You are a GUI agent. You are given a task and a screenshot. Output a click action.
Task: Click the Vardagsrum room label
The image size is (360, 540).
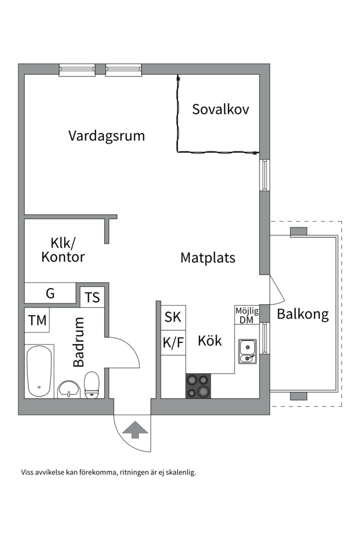pos(106,135)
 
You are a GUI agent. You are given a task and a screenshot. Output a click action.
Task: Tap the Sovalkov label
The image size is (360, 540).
pos(220,109)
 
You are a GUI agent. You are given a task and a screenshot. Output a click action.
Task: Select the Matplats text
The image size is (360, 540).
pos(207,258)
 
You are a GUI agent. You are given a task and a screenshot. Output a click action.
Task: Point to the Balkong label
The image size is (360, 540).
pos(303,314)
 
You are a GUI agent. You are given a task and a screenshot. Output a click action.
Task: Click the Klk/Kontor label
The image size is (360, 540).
pos(63,250)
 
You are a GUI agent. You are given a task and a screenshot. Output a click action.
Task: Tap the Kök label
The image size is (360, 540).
pos(209,341)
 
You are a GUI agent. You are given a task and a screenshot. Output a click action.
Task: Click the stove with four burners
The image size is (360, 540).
pos(198,386)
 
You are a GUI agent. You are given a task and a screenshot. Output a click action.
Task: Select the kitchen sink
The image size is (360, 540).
pos(247,350)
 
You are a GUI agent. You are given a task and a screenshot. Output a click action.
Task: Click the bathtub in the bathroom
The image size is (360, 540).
pos(39,370)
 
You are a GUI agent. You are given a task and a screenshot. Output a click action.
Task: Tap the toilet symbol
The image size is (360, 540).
pos(91,385)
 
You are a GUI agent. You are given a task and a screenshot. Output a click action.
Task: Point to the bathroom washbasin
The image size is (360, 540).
pos(68,388)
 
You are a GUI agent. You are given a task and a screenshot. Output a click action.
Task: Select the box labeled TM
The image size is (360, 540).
pos(37,320)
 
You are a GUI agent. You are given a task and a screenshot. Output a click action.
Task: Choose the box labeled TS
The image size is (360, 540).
pos(92,297)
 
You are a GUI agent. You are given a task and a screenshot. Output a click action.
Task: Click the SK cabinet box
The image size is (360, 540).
pos(173,317)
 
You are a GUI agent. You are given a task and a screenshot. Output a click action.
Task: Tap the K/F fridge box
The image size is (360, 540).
pos(173,343)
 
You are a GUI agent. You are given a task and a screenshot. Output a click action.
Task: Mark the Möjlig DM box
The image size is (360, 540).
pos(246,315)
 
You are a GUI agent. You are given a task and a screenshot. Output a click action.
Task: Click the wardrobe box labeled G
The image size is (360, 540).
pos(50,293)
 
